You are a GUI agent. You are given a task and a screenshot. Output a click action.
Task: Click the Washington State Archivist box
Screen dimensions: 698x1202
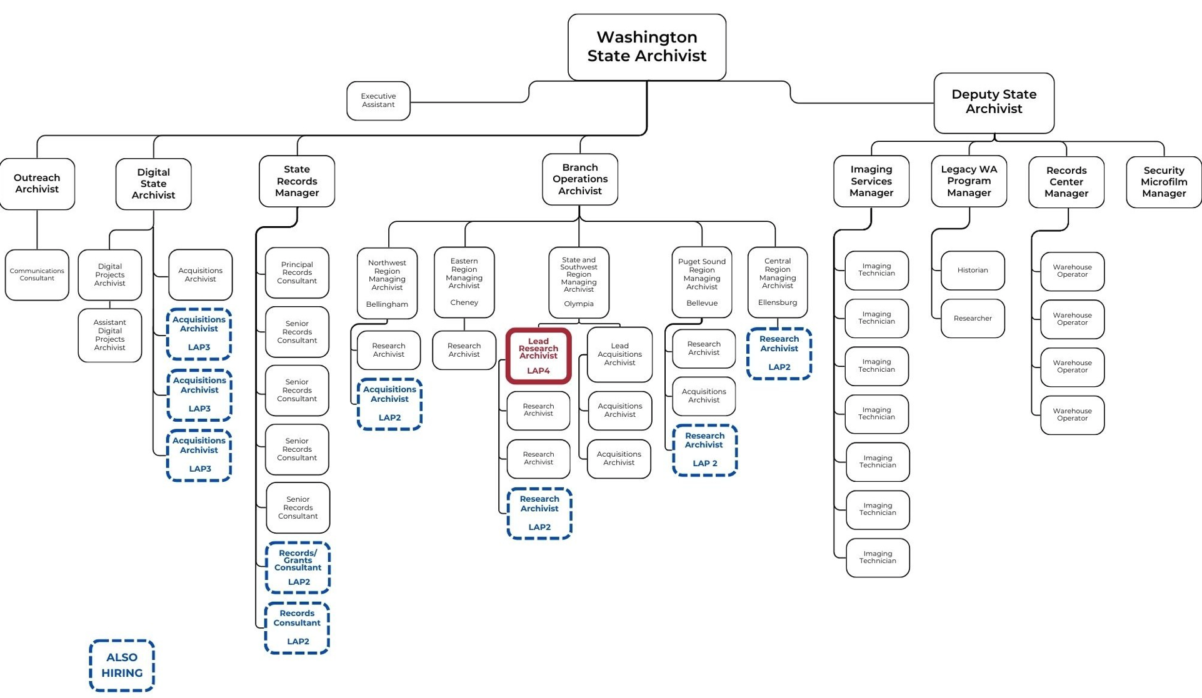pos(646,47)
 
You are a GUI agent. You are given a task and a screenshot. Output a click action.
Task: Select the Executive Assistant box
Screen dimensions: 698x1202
pos(378,101)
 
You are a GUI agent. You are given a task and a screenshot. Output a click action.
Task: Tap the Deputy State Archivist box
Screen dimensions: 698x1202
pos(993,102)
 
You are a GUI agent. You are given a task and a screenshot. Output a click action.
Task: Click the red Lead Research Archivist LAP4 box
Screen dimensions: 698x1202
pos(538,356)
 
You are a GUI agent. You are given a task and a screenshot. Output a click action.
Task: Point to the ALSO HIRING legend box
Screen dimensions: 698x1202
pos(122,665)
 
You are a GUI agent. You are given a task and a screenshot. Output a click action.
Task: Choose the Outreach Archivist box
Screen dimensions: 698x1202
pos(37,184)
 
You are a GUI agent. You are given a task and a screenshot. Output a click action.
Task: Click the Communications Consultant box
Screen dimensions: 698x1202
pos(37,275)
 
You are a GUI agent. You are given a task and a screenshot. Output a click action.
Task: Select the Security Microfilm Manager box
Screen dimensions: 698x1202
pos(1163,182)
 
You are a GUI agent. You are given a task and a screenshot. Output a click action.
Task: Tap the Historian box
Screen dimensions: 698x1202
pos(973,271)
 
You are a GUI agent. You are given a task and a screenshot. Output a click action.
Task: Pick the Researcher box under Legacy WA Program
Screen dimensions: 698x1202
pos(973,319)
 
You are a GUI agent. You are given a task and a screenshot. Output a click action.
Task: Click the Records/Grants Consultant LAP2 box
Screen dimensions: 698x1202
pos(298,567)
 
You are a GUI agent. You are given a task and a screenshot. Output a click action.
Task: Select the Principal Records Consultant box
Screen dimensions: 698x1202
pos(297,273)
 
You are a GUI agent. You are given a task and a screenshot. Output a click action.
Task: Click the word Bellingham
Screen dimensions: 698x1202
pos(387,304)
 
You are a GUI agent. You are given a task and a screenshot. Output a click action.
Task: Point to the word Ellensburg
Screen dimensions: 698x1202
pos(778,302)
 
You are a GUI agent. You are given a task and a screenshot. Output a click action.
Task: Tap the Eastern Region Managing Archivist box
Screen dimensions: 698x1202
pos(464,282)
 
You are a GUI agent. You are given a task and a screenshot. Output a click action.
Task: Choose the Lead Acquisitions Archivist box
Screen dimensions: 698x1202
pos(619,354)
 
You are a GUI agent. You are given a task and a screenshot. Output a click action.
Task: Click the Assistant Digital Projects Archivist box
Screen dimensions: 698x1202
pos(110,335)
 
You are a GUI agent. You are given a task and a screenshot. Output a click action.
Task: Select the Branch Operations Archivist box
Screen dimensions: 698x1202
pos(579,179)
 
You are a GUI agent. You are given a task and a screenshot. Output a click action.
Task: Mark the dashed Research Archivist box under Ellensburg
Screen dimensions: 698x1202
pos(779,354)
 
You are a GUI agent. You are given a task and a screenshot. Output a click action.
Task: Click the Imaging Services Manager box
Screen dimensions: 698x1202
pos(871,181)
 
